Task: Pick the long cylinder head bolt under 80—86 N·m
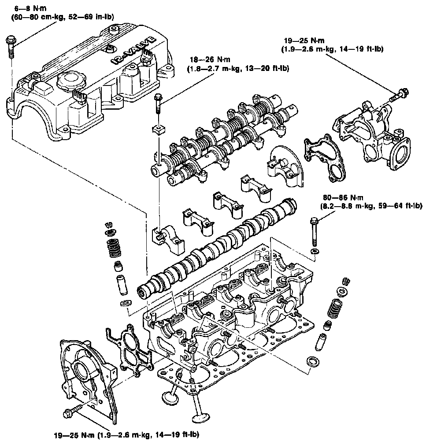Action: pos(314,232)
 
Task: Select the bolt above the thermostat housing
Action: pos(399,94)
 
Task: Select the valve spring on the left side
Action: pos(113,248)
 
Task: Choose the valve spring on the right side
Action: pos(336,309)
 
